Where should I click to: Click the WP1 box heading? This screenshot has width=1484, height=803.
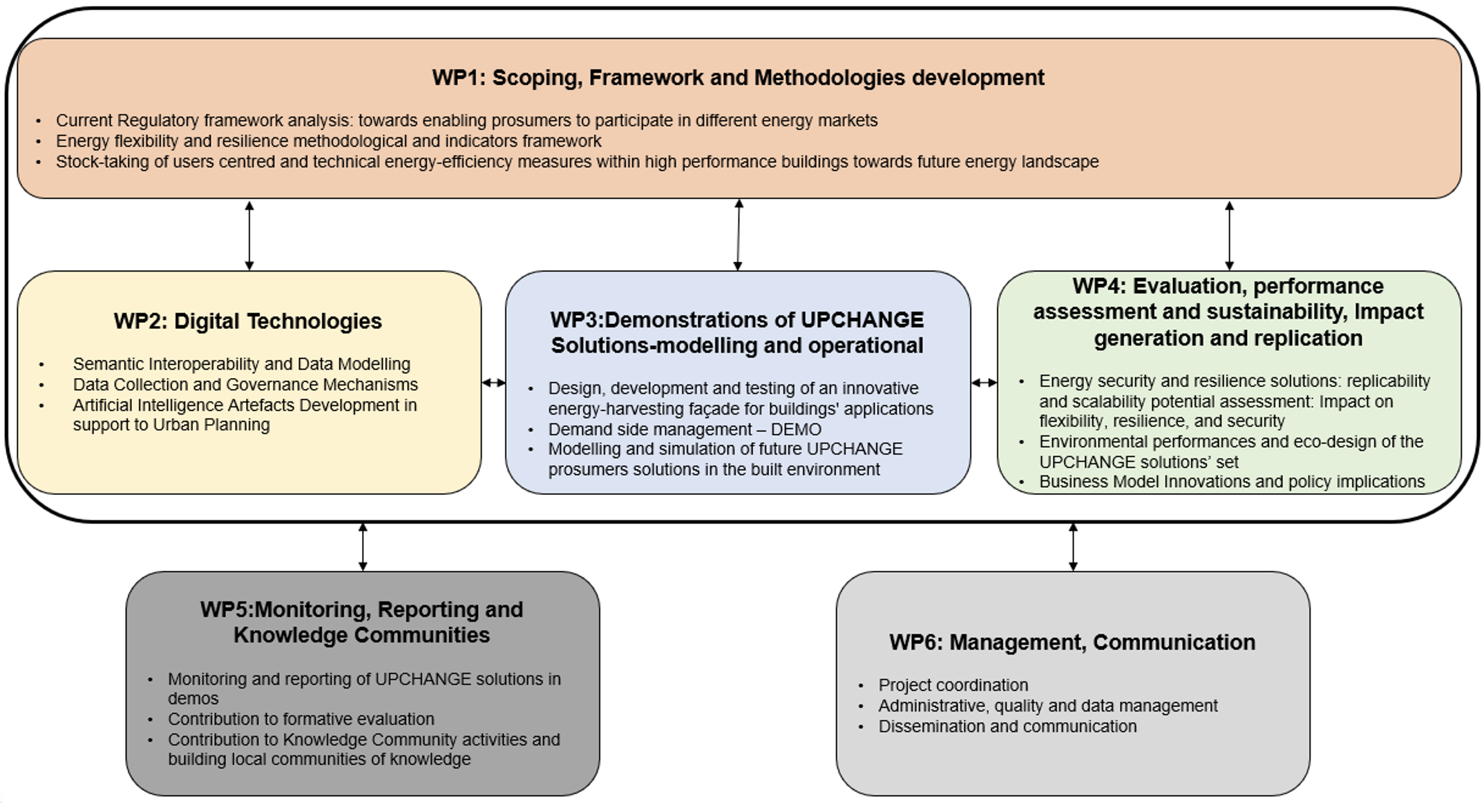[x=738, y=77]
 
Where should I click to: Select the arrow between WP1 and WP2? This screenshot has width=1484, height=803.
[x=249, y=235]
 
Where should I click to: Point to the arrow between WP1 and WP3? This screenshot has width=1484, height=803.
[x=739, y=235]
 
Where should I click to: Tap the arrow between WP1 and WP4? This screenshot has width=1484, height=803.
[x=1229, y=235]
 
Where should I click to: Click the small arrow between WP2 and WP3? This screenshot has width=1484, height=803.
[x=493, y=382]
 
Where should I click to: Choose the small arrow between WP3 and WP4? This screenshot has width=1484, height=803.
[x=984, y=382]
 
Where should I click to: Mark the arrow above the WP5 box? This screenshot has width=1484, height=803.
[x=363, y=547]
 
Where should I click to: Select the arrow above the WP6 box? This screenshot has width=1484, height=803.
[x=1073, y=547]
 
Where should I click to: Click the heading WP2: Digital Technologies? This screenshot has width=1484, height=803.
[x=247, y=321]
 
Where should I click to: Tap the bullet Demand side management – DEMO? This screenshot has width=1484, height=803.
[x=684, y=429]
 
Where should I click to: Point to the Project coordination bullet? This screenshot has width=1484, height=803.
[x=953, y=685]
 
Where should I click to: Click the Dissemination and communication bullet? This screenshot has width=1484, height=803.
[x=1007, y=726]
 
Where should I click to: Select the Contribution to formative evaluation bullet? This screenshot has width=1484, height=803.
[x=301, y=719]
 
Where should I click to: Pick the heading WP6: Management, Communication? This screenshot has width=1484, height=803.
[x=1072, y=642]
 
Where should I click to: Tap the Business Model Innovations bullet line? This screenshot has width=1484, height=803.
[x=1231, y=482]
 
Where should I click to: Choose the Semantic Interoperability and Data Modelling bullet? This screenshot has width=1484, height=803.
[x=241, y=364]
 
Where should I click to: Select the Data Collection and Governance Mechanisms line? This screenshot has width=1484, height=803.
[x=245, y=384]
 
